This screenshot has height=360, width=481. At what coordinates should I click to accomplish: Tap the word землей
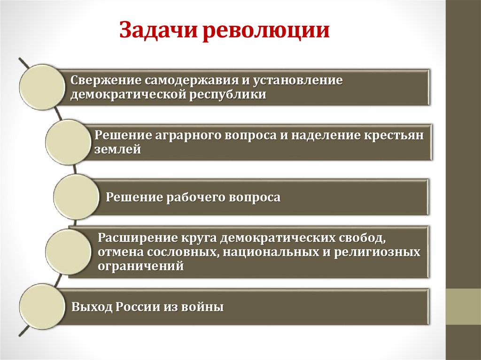pos(117,149)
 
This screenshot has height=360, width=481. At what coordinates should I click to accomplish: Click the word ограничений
pos(140,266)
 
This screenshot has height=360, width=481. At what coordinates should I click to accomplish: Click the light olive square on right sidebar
pos(463,307)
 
